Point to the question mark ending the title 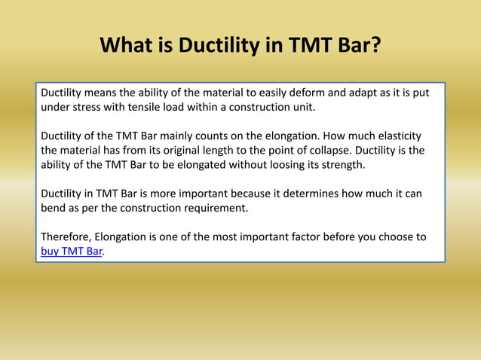375,47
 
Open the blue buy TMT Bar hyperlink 71,252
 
